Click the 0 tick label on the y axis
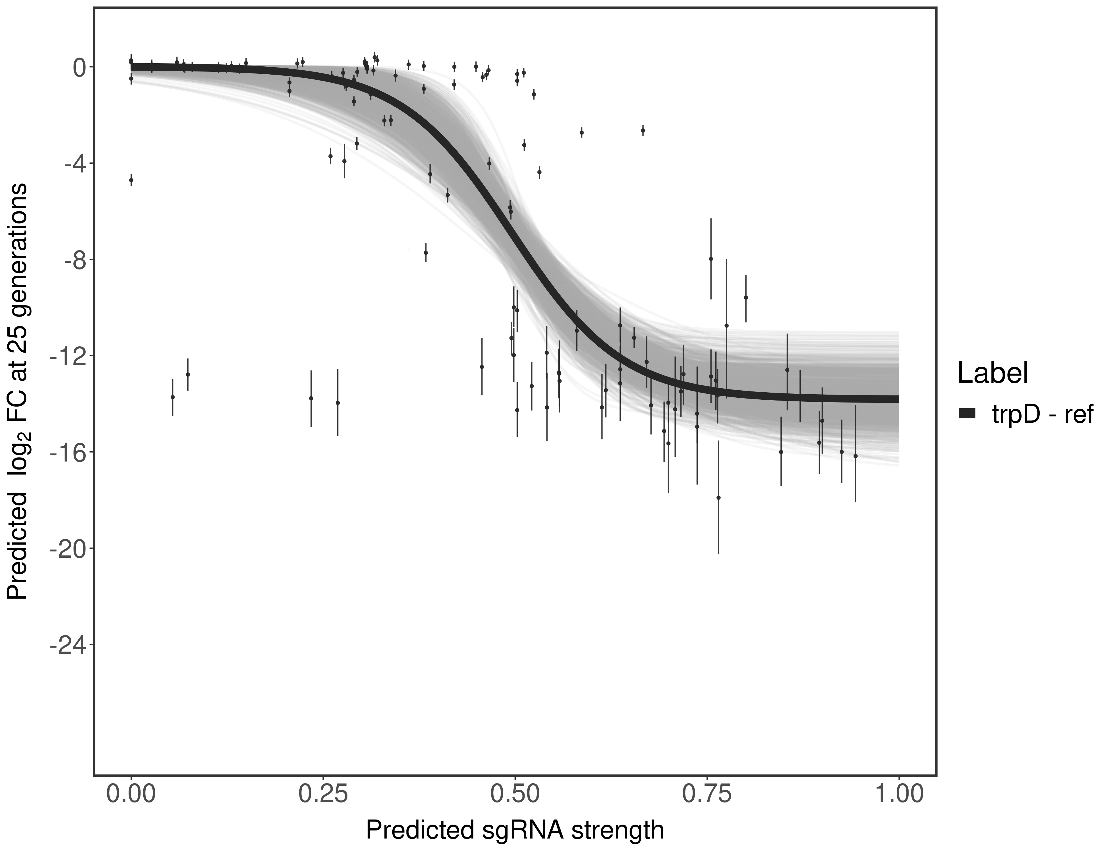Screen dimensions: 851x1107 coord(79,68)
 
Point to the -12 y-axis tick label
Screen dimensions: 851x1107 coord(66,356)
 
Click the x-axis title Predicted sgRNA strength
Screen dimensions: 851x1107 coord(514,831)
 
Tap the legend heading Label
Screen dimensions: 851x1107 coord(992,373)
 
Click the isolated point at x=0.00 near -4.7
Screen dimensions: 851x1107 coord(131,180)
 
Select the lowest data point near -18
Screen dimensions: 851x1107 coord(718,498)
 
